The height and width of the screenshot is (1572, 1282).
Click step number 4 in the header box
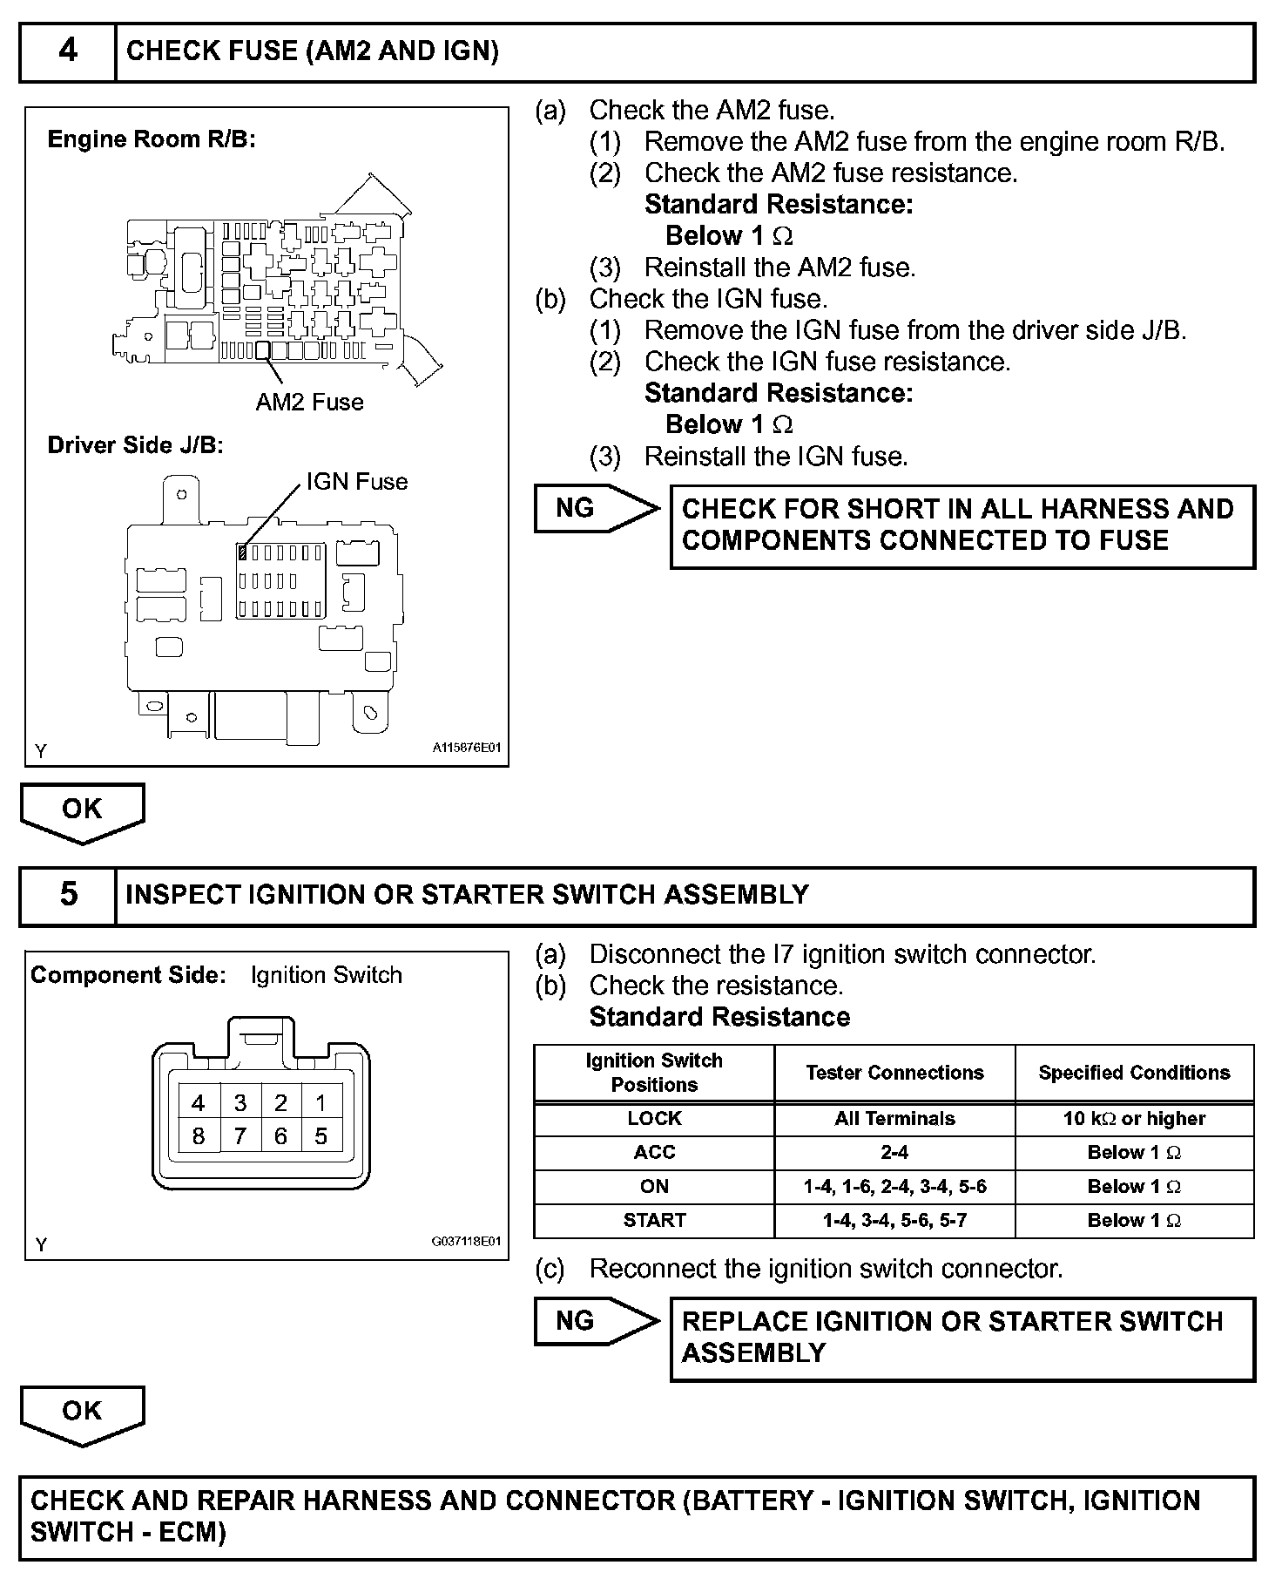point(67,51)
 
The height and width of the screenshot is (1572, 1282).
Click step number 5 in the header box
point(67,894)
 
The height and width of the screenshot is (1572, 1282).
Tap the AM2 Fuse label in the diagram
point(309,402)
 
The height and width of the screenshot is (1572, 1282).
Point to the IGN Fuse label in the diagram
point(356,482)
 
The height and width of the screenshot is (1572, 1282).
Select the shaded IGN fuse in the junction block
point(243,552)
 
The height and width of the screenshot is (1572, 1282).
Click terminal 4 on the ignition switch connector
point(199,1103)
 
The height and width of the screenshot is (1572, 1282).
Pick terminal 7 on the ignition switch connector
point(240,1136)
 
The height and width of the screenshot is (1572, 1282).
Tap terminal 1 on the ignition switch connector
point(321,1103)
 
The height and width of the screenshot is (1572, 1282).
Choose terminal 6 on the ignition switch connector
point(280,1136)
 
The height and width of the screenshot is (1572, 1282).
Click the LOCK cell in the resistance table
point(654,1119)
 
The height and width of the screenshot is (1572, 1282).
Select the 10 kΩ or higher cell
point(1134,1119)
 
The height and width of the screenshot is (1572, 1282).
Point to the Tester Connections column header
point(894,1073)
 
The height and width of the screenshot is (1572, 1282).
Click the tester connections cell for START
point(894,1220)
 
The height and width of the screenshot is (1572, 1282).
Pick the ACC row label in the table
point(654,1152)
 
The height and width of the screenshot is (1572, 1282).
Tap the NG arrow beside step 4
point(595,508)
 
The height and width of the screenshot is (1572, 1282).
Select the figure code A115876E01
point(467,748)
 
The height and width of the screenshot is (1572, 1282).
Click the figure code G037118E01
point(467,1242)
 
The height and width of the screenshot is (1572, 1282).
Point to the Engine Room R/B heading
point(152,139)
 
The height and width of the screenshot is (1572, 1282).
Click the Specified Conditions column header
point(1134,1073)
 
